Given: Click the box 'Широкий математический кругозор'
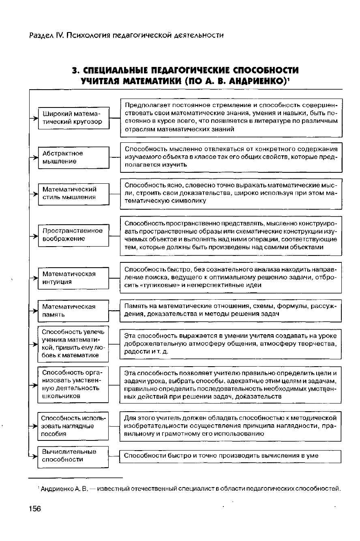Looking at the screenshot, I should coord(74,118).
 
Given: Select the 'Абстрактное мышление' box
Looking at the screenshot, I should coord(74,157).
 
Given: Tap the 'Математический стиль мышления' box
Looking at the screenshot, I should coord(74,193).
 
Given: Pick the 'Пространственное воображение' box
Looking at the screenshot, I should coord(74,235).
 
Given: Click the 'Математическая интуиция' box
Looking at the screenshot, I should coord(74,278).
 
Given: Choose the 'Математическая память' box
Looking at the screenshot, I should coord(74,311).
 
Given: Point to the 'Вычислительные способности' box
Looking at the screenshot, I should coord(74,456).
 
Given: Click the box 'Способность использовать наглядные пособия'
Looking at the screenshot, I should coord(74,426).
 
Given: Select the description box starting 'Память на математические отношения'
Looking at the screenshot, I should coord(230,311).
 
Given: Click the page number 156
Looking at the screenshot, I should coord(35,509).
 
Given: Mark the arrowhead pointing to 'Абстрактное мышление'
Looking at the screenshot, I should coord(35,157).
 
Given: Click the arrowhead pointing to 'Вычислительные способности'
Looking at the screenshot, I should coord(35,456).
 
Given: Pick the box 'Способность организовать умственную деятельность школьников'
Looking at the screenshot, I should coord(74,384).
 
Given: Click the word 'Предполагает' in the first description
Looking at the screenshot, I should coord(144,105).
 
